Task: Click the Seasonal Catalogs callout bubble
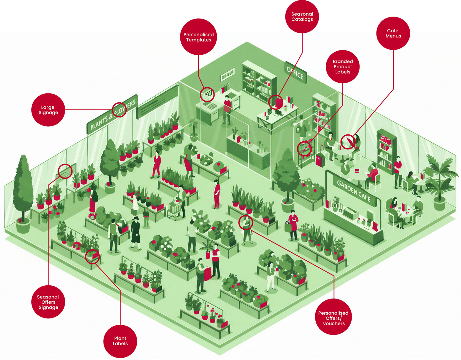click(302, 17)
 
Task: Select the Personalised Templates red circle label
click(199, 37)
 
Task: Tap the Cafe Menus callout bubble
click(393, 33)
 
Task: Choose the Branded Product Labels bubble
click(343, 66)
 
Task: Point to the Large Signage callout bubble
click(48, 110)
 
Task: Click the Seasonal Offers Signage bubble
click(48, 302)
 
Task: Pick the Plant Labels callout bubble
click(120, 341)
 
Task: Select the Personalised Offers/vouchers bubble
click(333, 318)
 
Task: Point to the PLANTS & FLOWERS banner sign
click(112, 114)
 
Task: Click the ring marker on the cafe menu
click(348, 142)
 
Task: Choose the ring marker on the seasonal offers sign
click(65, 171)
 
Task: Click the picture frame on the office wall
click(228, 74)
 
